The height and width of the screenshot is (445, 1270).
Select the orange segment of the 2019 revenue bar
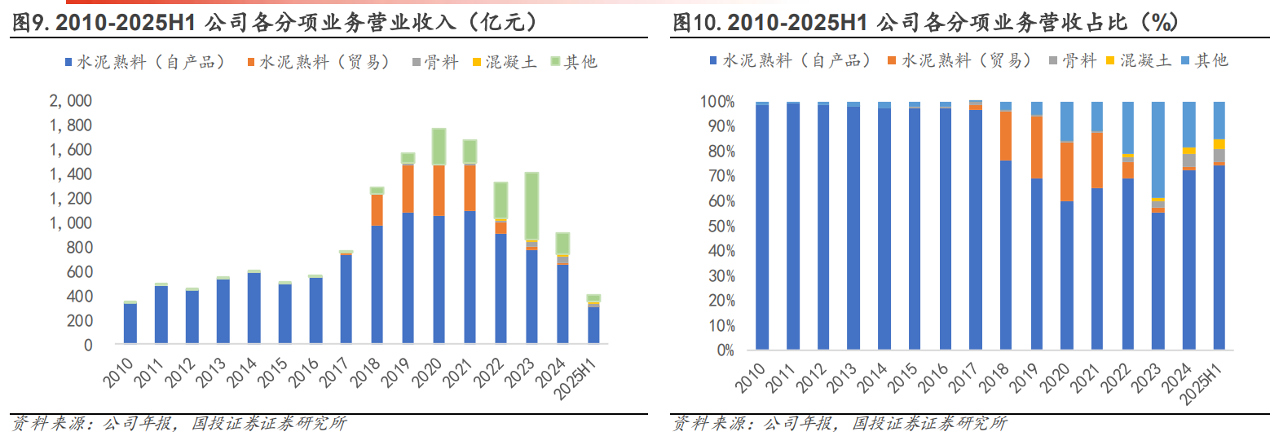tap(408, 189)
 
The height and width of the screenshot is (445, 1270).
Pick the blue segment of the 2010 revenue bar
tap(130, 324)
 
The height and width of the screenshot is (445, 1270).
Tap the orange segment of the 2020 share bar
tap(1067, 171)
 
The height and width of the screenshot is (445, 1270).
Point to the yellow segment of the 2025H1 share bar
tap(1219, 144)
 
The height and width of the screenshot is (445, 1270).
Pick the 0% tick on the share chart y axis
tap(722, 350)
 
